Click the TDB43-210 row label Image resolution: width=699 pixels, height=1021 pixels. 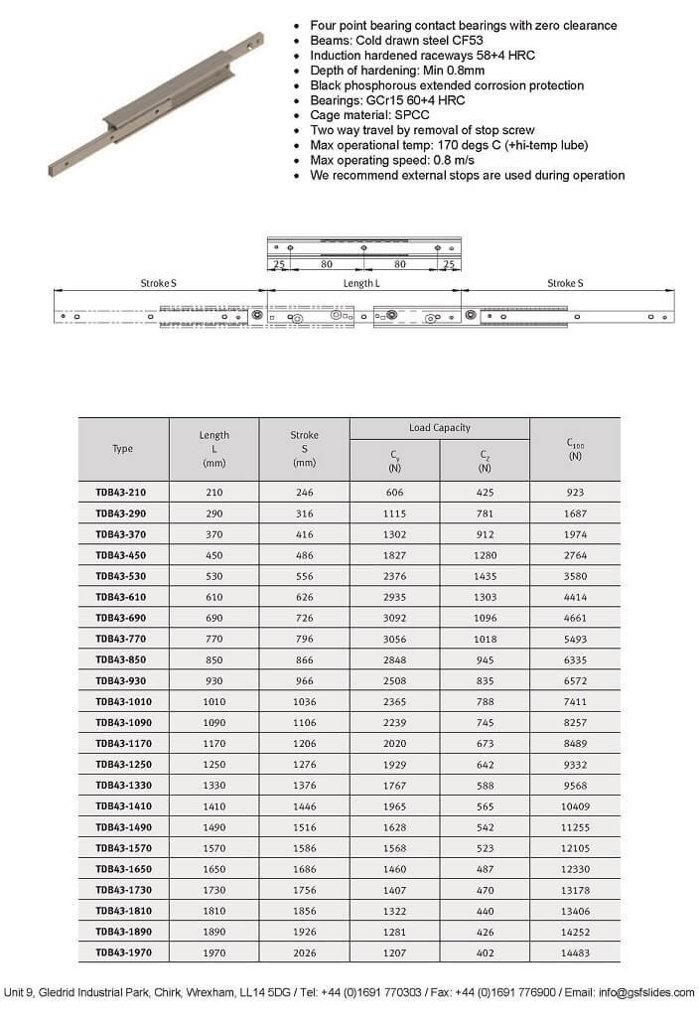pyautogui.click(x=122, y=492)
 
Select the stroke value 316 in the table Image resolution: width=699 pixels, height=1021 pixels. pyautogui.click(x=304, y=513)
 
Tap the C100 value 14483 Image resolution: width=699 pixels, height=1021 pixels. pyautogui.click(x=575, y=952)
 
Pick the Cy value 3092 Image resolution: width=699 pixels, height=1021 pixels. pyautogui.click(x=394, y=618)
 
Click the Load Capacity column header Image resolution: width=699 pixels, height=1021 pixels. pyautogui.click(x=439, y=428)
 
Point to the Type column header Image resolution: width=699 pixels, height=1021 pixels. pyautogui.click(x=122, y=449)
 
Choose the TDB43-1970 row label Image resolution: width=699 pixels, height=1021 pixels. pyautogui.click(x=122, y=952)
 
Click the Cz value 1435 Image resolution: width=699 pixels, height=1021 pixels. pyautogui.click(x=484, y=576)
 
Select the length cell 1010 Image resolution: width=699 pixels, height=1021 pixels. pyautogui.click(x=213, y=701)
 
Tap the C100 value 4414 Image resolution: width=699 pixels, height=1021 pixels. pyautogui.click(x=575, y=597)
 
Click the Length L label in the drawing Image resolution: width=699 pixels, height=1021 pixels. pyautogui.click(x=360, y=284)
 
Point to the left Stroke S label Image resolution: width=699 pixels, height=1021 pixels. pyautogui.click(x=159, y=284)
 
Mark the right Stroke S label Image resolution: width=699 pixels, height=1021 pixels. pyautogui.click(x=565, y=284)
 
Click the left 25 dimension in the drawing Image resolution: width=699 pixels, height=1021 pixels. pyautogui.click(x=279, y=265)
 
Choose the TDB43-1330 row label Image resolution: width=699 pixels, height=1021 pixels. pyautogui.click(x=122, y=785)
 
